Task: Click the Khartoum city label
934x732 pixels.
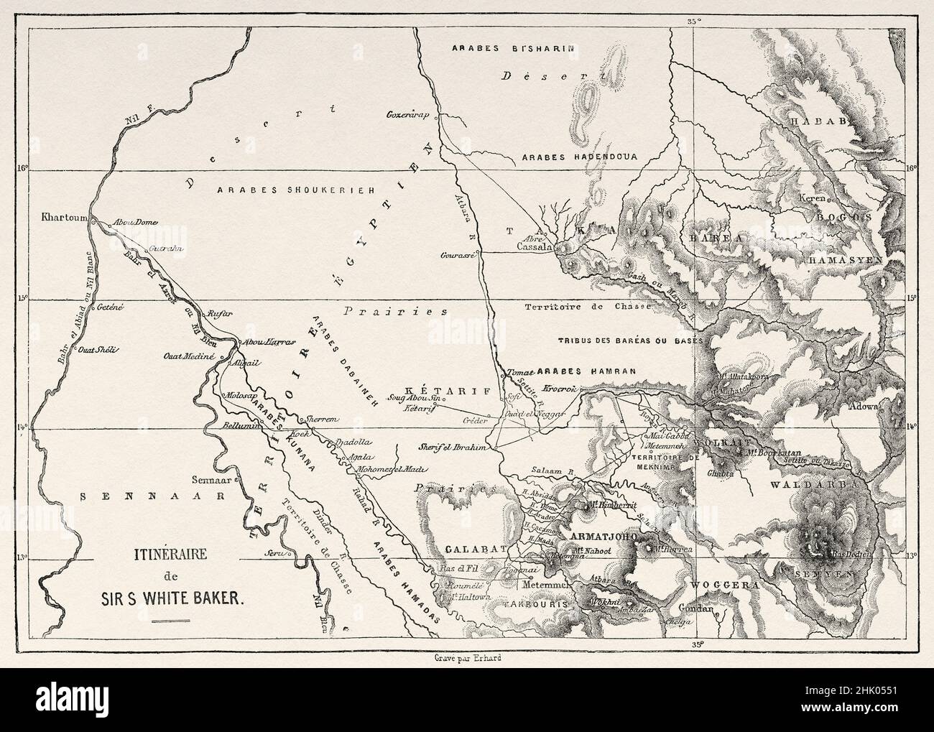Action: pyautogui.click(x=65, y=218)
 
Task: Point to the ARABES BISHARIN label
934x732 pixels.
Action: pyautogui.click(x=511, y=49)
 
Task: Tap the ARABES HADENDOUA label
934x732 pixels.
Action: pyautogui.click(x=581, y=155)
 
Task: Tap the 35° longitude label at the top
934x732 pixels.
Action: pyautogui.click(x=693, y=22)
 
